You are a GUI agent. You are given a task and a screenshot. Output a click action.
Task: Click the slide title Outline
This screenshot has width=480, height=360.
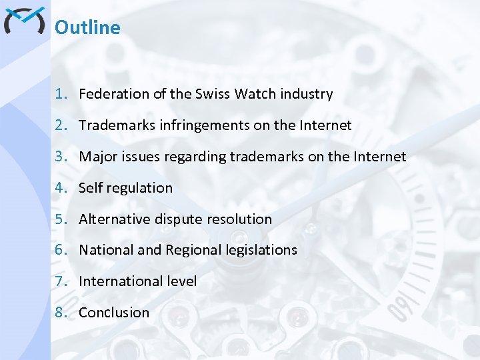(x=87, y=27)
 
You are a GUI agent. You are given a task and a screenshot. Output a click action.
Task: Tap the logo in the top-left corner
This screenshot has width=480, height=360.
(x=24, y=21)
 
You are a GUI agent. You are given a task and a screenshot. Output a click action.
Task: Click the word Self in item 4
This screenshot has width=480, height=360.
(x=89, y=188)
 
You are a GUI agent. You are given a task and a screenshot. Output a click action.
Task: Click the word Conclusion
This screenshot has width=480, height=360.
(x=114, y=312)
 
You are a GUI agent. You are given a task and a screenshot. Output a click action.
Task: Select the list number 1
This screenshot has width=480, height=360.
(x=60, y=94)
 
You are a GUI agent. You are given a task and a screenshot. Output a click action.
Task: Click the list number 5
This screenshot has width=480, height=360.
(x=60, y=219)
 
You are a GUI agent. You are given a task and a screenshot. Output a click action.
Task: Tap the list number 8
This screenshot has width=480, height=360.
(x=60, y=312)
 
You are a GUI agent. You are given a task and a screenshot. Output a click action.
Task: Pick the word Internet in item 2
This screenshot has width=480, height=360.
(x=327, y=125)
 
